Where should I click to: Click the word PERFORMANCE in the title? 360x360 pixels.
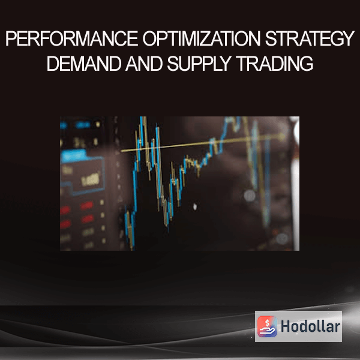pos(71,38)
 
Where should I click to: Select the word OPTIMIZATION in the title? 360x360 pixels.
pos(202,38)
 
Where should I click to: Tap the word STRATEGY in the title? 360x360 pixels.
pos(310,38)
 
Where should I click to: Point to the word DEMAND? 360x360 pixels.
pos(84,64)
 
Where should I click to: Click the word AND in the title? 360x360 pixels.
pos(144,64)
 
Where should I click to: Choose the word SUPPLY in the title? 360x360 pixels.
pos(199,64)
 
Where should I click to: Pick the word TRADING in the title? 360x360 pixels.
pos(275,64)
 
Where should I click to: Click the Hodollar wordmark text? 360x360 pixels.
pos(310,326)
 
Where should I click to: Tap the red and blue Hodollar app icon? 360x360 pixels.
pos(267,326)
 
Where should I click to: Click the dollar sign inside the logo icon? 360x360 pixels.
pos(267,323)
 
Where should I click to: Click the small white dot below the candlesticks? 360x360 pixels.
pos(195,206)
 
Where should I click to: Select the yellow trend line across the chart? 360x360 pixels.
pos(203,143)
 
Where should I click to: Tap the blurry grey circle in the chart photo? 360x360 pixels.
pos(250,196)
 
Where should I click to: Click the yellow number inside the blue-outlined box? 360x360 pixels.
pos(91,179)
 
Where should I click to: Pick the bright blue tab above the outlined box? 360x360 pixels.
pos(73,155)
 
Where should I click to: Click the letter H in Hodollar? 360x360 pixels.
pos(286,326)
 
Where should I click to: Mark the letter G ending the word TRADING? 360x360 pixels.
pos(306,64)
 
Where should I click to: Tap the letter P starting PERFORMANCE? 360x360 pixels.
pos(11,38)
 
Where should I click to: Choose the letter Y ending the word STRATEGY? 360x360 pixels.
pos(348,38)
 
